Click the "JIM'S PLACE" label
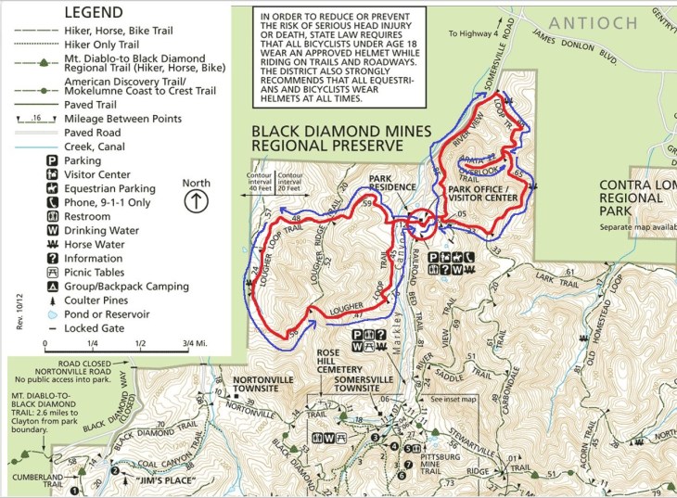pyautogui.click(x=148, y=481)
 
